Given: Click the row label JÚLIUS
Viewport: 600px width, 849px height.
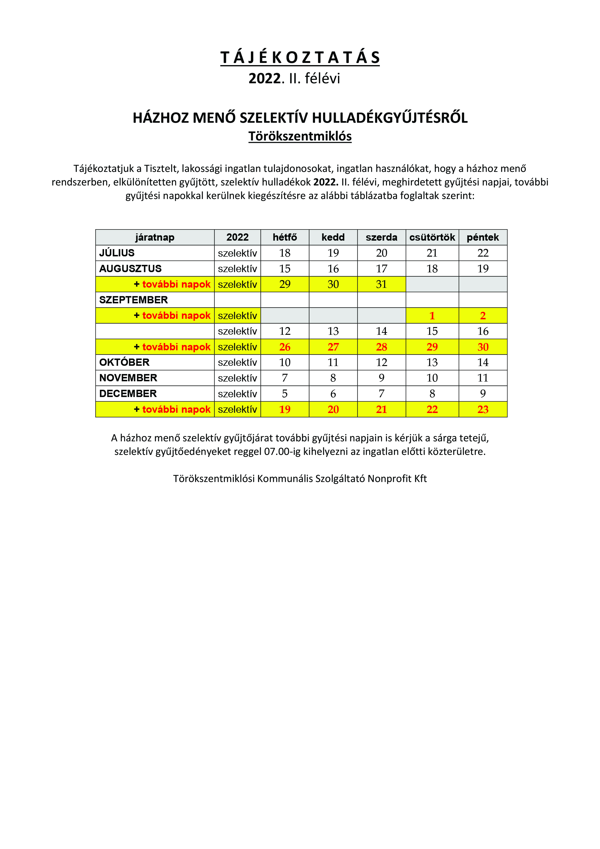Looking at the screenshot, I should point(117,253).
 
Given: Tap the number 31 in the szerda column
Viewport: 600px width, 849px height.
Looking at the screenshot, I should point(381,284).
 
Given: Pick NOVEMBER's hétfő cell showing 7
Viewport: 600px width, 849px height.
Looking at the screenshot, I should point(285,378).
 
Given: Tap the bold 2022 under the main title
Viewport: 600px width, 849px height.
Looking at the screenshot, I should point(264,78).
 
